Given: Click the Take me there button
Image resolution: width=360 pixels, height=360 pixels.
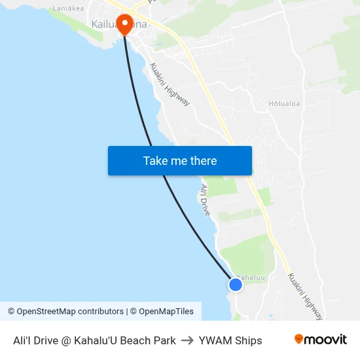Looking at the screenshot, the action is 180,160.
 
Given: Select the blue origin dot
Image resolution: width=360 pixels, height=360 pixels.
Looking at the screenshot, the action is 235,284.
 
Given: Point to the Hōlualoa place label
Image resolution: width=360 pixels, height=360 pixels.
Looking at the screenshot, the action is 283,103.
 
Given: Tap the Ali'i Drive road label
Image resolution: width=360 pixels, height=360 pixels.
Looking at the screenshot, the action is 205,200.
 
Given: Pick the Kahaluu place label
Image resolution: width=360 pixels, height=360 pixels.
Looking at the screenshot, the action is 251,277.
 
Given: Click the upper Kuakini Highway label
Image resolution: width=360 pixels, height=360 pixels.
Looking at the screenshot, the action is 170,84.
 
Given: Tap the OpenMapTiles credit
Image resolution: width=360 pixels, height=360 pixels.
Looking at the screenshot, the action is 162,312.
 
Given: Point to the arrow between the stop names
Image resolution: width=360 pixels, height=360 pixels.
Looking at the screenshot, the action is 187,340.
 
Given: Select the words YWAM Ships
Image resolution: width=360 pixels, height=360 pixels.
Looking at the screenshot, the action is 230,340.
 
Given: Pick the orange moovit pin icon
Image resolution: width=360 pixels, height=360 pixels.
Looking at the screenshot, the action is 298,340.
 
